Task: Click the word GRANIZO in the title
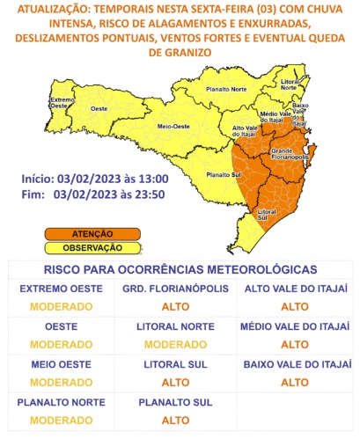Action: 180,53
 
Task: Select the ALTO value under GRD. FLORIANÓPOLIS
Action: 180,306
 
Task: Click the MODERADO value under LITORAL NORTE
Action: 180,344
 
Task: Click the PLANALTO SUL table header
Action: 180,402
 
